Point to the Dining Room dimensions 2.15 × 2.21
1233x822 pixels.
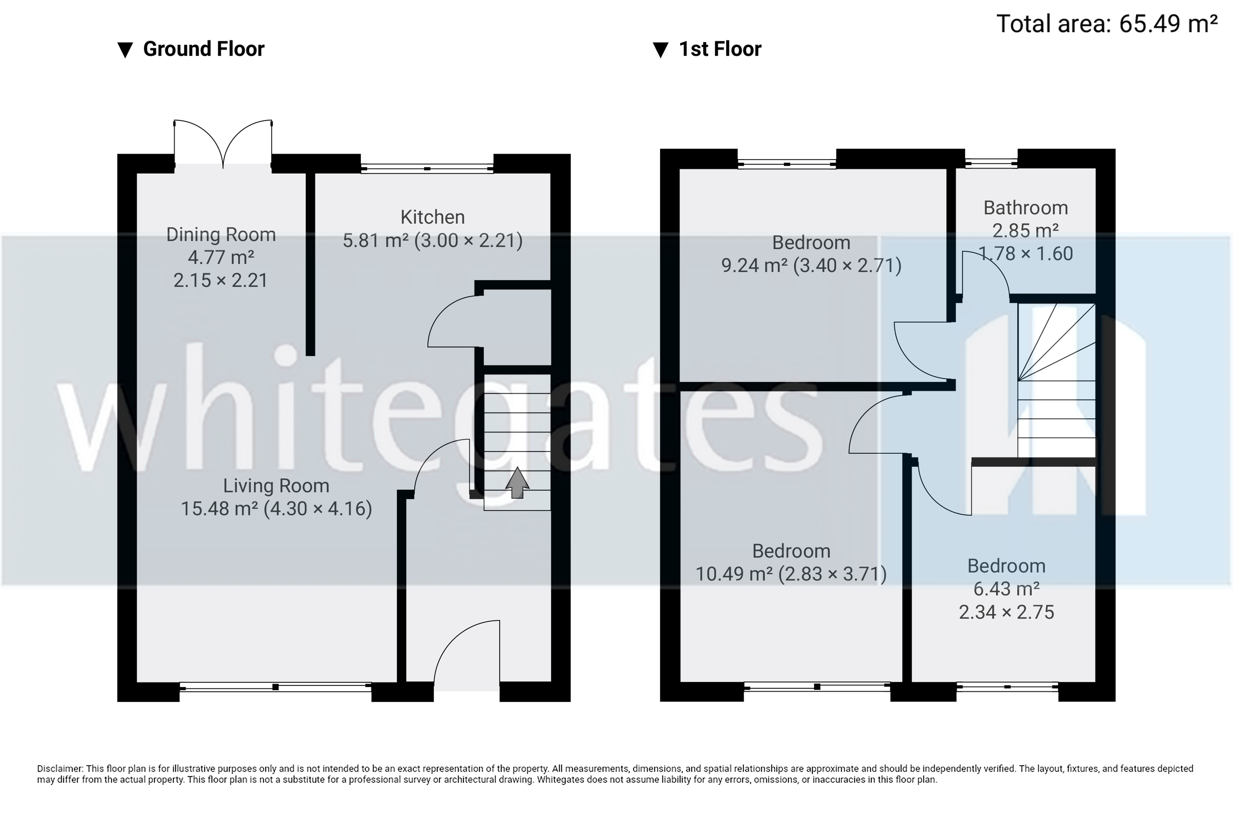click(221, 280)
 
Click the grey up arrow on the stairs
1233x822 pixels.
click(517, 482)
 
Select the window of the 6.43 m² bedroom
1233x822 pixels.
click(1007, 687)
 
